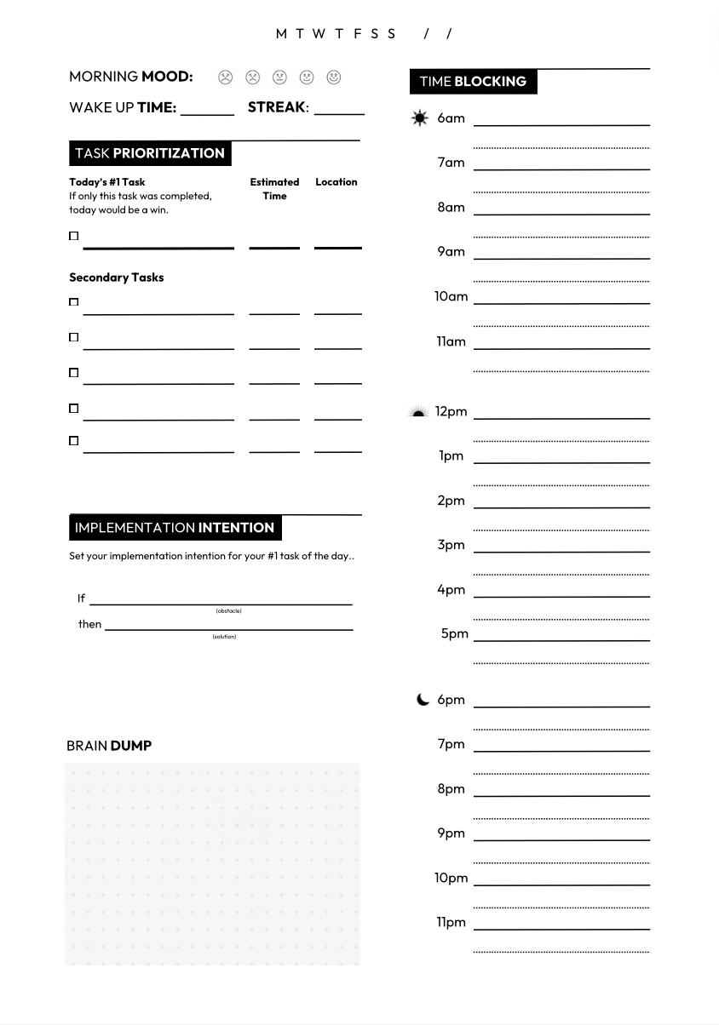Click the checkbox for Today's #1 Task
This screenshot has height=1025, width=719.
click(73, 236)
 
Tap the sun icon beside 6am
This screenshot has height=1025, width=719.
click(419, 118)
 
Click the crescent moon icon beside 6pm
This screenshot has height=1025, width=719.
click(423, 700)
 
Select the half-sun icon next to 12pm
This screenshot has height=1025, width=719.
click(417, 412)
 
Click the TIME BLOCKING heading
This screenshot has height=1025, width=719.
click(473, 82)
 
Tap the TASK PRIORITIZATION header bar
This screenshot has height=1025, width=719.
click(150, 153)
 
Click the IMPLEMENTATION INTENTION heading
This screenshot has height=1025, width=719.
click(175, 528)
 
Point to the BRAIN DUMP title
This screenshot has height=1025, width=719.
click(109, 746)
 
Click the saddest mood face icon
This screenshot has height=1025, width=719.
click(225, 77)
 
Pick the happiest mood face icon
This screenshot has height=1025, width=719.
click(334, 77)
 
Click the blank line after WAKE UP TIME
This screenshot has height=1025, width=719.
click(207, 111)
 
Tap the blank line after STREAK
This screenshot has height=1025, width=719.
click(338, 110)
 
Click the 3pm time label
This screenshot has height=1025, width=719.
click(451, 545)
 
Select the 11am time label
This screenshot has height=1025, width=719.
click(451, 341)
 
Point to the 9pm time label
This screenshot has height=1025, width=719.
click(451, 833)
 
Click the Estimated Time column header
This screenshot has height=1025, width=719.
click(274, 188)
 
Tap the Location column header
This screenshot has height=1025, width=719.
click(336, 181)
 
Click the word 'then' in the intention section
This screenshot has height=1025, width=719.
click(89, 624)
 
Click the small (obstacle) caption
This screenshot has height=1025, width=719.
click(228, 610)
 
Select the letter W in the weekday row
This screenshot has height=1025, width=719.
click(319, 34)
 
